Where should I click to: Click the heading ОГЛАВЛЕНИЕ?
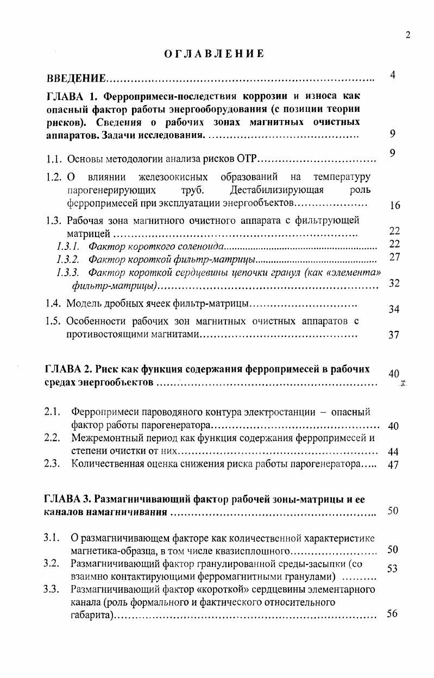coord(214,54)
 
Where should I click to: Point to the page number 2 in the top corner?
coord(408,36)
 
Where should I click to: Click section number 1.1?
coord(54,159)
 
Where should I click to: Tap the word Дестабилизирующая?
coord(276,190)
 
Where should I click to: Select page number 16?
coord(395,205)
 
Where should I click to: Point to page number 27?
coord(395,257)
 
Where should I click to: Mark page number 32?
coord(395,283)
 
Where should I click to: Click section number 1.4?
coord(54,303)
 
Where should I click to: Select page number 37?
coord(395,335)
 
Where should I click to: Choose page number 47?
coord(394,464)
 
